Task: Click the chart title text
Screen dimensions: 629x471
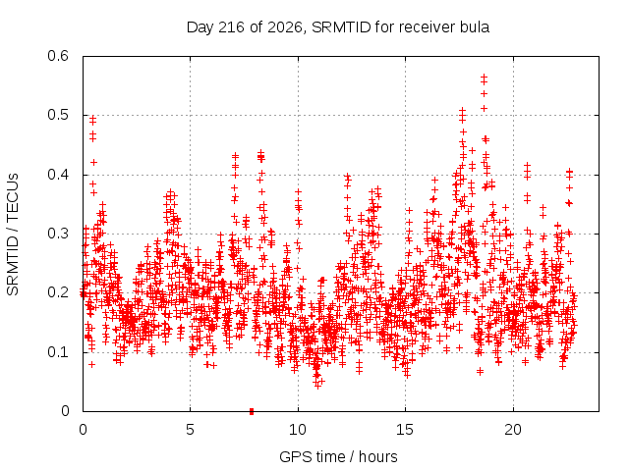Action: [338, 27]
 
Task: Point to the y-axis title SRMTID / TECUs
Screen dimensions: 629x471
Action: [13, 235]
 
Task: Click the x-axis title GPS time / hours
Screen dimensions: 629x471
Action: [338, 456]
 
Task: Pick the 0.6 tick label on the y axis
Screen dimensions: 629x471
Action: [58, 56]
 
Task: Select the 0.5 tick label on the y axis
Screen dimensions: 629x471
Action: [58, 115]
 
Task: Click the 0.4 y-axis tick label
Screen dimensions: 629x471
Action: [58, 175]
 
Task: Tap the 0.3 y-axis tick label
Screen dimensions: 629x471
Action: [58, 234]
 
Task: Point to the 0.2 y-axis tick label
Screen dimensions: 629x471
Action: [58, 292]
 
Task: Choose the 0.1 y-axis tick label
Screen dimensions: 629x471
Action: [58, 352]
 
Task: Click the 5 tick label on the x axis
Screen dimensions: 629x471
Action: [190, 430]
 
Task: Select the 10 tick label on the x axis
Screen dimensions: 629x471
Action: [297, 430]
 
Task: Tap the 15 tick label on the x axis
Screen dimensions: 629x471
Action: [405, 430]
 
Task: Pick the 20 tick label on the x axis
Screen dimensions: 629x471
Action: [513, 430]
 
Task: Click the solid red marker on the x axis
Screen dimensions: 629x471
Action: [252, 411]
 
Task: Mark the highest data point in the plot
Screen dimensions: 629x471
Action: [484, 76]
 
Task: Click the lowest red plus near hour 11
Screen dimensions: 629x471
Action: [317, 386]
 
